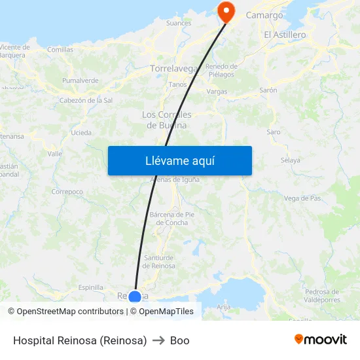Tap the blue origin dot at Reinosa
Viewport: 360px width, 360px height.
135,297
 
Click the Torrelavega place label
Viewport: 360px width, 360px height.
173,68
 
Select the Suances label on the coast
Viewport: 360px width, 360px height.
179,23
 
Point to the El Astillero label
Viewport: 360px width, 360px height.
285,35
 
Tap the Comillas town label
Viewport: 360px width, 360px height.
60,49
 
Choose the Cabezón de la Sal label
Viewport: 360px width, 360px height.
86,100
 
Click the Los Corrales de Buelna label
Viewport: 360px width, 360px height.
167,120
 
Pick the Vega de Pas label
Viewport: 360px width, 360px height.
302,198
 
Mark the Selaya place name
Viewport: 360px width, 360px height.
290,160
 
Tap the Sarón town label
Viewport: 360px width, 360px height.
268,90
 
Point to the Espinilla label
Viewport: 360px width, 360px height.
90,287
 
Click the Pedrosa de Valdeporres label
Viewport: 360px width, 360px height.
322,296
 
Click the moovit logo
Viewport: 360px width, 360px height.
321,339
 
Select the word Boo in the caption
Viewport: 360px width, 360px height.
179,340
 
